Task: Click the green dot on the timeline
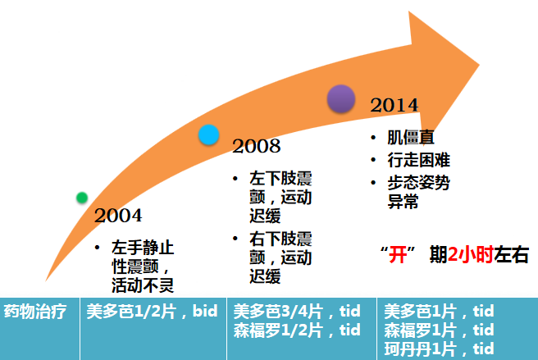(82, 198)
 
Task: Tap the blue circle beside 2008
(208, 134)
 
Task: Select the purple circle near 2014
(340, 99)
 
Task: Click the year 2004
(118, 216)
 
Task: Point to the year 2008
(257, 146)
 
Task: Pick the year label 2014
(394, 105)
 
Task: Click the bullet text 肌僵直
(411, 137)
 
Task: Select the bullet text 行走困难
(418, 160)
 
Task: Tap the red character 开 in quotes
(398, 255)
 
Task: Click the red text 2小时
(471, 255)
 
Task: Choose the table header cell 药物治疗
(35, 312)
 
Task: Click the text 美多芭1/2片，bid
(152, 312)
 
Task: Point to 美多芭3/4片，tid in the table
(297, 312)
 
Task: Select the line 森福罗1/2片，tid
(297, 330)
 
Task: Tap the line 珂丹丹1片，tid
(440, 349)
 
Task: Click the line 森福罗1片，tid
(440, 330)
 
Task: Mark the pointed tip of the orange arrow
(479, 64)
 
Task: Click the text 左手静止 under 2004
(143, 247)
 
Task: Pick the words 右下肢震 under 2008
(280, 239)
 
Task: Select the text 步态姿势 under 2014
(418, 183)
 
